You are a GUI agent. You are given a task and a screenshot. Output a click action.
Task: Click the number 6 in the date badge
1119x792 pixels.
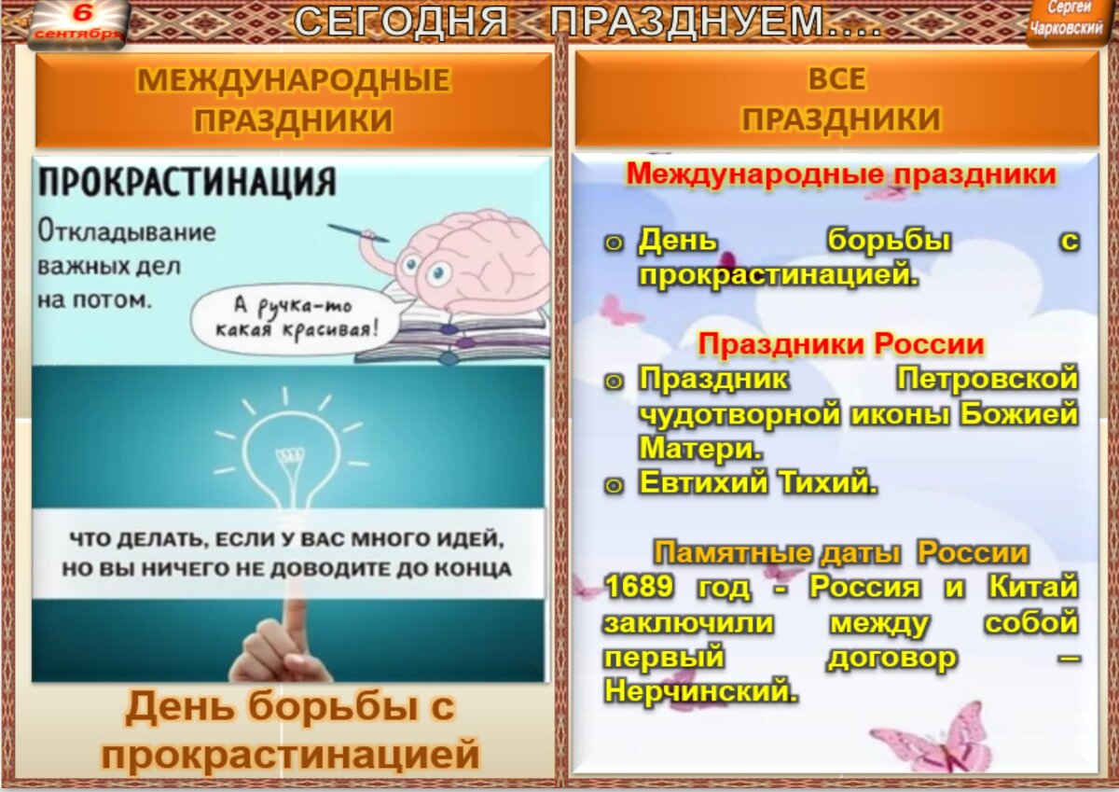[x=82, y=13]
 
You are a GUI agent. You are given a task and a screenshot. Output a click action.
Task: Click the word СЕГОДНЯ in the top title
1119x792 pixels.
[x=403, y=22]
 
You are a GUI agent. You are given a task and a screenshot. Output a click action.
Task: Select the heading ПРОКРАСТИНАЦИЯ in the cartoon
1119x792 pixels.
[x=186, y=180]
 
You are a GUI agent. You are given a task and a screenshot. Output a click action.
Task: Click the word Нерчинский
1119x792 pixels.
[x=701, y=691]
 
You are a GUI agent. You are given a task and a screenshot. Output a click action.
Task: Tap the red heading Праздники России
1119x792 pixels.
[x=841, y=344]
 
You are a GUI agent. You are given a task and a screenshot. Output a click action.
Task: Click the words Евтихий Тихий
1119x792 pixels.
[x=757, y=482]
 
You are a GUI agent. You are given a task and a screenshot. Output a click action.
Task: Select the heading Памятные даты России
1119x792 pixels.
[x=840, y=552]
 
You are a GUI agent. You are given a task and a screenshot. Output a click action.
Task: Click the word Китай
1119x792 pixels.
[x=1031, y=588]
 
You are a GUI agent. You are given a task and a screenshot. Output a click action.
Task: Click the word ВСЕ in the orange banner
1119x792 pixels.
[x=836, y=80]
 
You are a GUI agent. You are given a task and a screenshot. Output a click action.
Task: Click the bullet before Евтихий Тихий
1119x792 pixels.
[x=613, y=484]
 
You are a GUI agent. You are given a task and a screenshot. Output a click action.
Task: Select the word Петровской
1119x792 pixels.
[x=987, y=379]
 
